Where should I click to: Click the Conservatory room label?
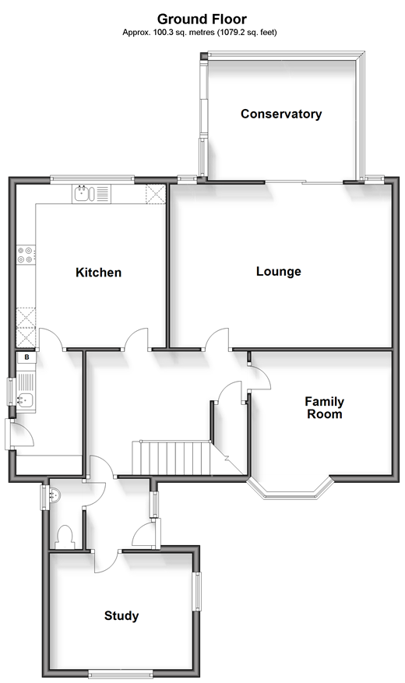(281, 114)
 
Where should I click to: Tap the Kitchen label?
(98, 273)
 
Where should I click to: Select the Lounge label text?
(279, 271)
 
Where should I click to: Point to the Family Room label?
(325, 408)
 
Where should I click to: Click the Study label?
(121, 615)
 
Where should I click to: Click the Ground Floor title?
(202, 19)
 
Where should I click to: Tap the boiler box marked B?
(26, 357)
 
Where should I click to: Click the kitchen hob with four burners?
(26, 255)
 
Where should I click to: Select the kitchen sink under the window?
(91, 193)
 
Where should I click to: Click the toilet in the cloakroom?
(65, 537)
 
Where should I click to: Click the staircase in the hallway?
(171, 458)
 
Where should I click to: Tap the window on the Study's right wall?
(197, 591)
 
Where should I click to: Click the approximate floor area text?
(199, 32)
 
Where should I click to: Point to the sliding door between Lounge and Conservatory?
(304, 181)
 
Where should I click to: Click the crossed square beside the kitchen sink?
(156, 194)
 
